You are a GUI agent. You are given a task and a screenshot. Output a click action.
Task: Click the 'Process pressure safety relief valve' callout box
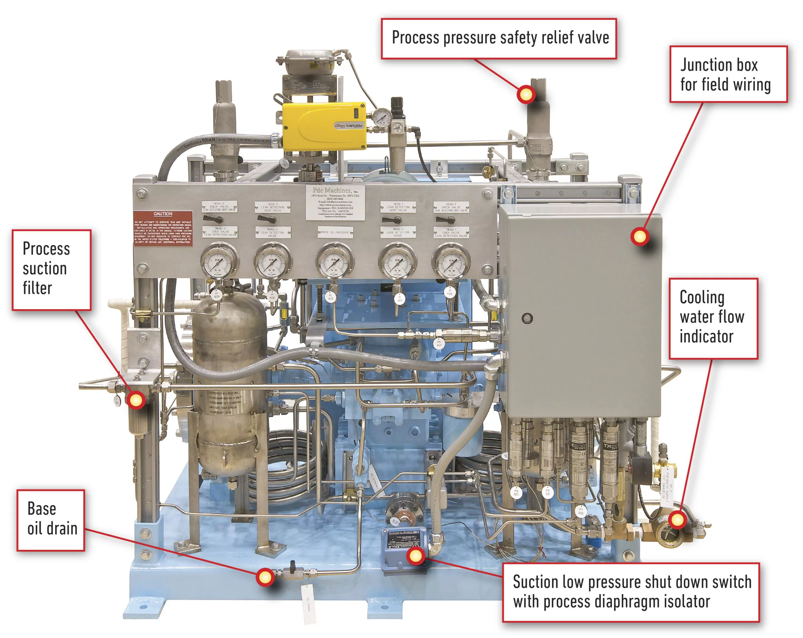499,38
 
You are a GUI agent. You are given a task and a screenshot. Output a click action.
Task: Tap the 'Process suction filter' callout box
51,270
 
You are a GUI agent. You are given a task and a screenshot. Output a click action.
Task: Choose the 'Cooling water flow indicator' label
713,318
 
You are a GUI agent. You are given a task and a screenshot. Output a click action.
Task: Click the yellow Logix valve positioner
323,127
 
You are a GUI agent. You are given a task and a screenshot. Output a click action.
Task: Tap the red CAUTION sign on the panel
163,228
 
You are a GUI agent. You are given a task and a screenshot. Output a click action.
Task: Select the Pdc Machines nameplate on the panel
335,203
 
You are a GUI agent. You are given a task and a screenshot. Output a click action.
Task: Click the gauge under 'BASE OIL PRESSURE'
334,261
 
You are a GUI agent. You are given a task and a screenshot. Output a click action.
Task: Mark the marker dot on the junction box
640,236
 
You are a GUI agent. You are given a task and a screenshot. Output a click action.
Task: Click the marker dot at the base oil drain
265,577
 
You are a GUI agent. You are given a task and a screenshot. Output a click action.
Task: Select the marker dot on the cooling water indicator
677,520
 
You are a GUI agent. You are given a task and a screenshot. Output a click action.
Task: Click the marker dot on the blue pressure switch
415,556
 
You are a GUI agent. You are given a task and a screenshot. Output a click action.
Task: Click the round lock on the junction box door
527,318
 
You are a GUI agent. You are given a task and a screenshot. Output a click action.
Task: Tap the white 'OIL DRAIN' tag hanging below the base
308,604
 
